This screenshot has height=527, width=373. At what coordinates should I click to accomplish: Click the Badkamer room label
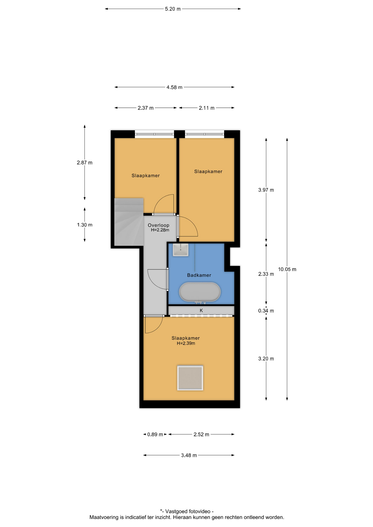click(199, 275)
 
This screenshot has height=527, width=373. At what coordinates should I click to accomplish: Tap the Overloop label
click(158, 225)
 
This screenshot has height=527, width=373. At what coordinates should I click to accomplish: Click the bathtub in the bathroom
click(200, 292)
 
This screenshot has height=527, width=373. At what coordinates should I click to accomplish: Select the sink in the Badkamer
click(180, 250)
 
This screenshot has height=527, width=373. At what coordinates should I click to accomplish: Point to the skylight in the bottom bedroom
click(190, 378)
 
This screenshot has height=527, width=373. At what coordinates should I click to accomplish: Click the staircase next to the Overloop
click(129, 222)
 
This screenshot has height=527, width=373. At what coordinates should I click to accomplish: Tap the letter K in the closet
click(201, 310)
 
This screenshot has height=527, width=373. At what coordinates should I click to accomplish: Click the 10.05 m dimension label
click(287, 269)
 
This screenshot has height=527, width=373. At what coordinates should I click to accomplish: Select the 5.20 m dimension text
click(173, 9)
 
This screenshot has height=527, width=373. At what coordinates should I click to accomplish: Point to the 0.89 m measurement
click(155, 435)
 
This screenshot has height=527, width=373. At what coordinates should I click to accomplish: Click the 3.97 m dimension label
click(266, 190)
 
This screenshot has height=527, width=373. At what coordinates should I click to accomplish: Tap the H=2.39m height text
click(186, 343)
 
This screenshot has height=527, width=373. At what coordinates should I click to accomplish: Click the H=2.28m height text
click(160, 230)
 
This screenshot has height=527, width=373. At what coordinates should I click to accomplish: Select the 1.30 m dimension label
click(85, 225)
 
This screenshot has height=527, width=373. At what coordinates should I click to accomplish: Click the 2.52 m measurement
click(201, 435)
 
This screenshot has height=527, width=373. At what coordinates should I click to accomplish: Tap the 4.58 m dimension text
click(174, 87)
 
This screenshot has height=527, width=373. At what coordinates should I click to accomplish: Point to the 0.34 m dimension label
click(266, 311)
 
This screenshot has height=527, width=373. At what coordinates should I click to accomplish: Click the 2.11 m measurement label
click(207, 108)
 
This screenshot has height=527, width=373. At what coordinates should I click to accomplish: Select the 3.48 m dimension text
click(189, 455)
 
